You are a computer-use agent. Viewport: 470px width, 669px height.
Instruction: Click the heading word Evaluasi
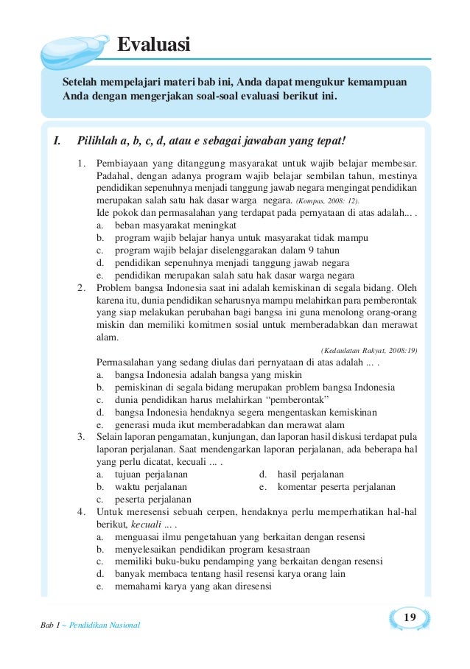coord(155,46)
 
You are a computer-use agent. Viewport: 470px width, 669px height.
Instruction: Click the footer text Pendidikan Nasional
coord(104,626)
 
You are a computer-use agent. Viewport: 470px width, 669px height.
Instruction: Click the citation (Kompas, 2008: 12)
coord(328,201)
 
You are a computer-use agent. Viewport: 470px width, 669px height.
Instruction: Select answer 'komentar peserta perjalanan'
coord(336,487)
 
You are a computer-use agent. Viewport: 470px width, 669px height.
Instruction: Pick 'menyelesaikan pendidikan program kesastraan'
coord(212,549)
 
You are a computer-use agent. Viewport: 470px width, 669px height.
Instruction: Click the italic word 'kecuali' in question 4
coord(146,525)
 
